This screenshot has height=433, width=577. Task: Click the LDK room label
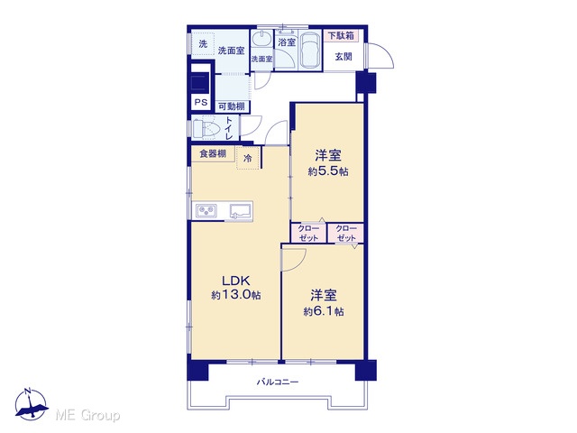236,281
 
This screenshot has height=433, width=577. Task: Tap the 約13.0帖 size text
236,295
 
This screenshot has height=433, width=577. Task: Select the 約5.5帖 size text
328,171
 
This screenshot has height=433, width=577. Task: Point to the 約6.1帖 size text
324,311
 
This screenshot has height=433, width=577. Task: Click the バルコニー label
278,382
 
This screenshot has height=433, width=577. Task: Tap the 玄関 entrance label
343,56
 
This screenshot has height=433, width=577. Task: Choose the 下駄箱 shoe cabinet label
341,36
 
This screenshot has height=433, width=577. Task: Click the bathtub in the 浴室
308,51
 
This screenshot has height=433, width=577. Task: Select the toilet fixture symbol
206,128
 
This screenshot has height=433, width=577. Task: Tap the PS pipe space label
200,102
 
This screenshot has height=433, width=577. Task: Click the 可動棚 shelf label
232,106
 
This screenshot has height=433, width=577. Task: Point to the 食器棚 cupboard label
213,153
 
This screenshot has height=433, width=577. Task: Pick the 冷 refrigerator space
248,158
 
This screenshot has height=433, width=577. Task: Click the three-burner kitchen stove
206,211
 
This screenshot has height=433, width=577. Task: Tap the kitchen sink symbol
241,212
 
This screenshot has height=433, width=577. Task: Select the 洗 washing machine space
203,44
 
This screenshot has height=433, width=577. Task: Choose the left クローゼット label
308,233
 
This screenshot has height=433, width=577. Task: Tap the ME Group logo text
87,415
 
